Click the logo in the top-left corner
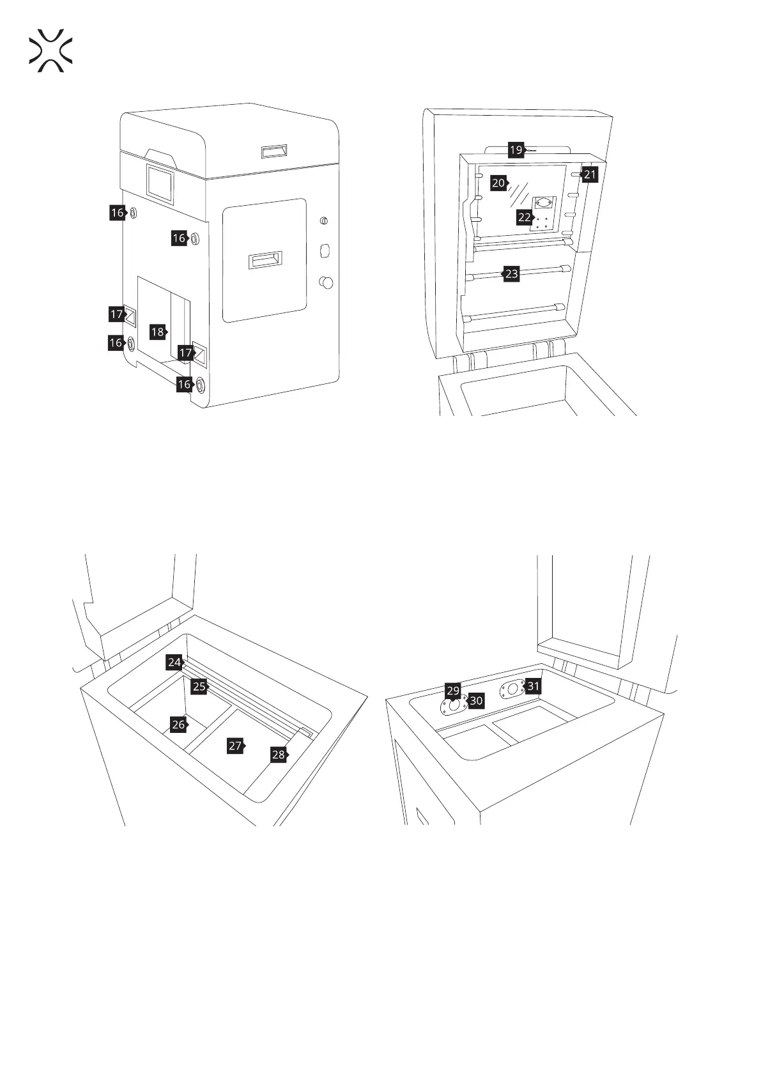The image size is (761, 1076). [50, 50]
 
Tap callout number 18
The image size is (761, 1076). [158, 332]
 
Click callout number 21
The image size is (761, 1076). [590, 174]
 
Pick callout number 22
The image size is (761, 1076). [525, 217]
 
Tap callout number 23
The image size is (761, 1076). [511, 274]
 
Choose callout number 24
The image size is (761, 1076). [174, 663]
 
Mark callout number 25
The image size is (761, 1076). [199, 686]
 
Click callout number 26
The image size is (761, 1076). [178, 725]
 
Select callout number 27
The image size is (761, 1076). [235, 746]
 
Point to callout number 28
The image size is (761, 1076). [278, 755]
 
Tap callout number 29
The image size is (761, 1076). [453, 691]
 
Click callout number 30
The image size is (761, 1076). [476, 701]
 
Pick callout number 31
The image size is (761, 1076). [533, 687]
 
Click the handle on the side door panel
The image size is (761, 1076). [265, 260]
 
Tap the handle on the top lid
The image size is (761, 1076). [273, 151]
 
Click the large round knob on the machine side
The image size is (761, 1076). [326, 282]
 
